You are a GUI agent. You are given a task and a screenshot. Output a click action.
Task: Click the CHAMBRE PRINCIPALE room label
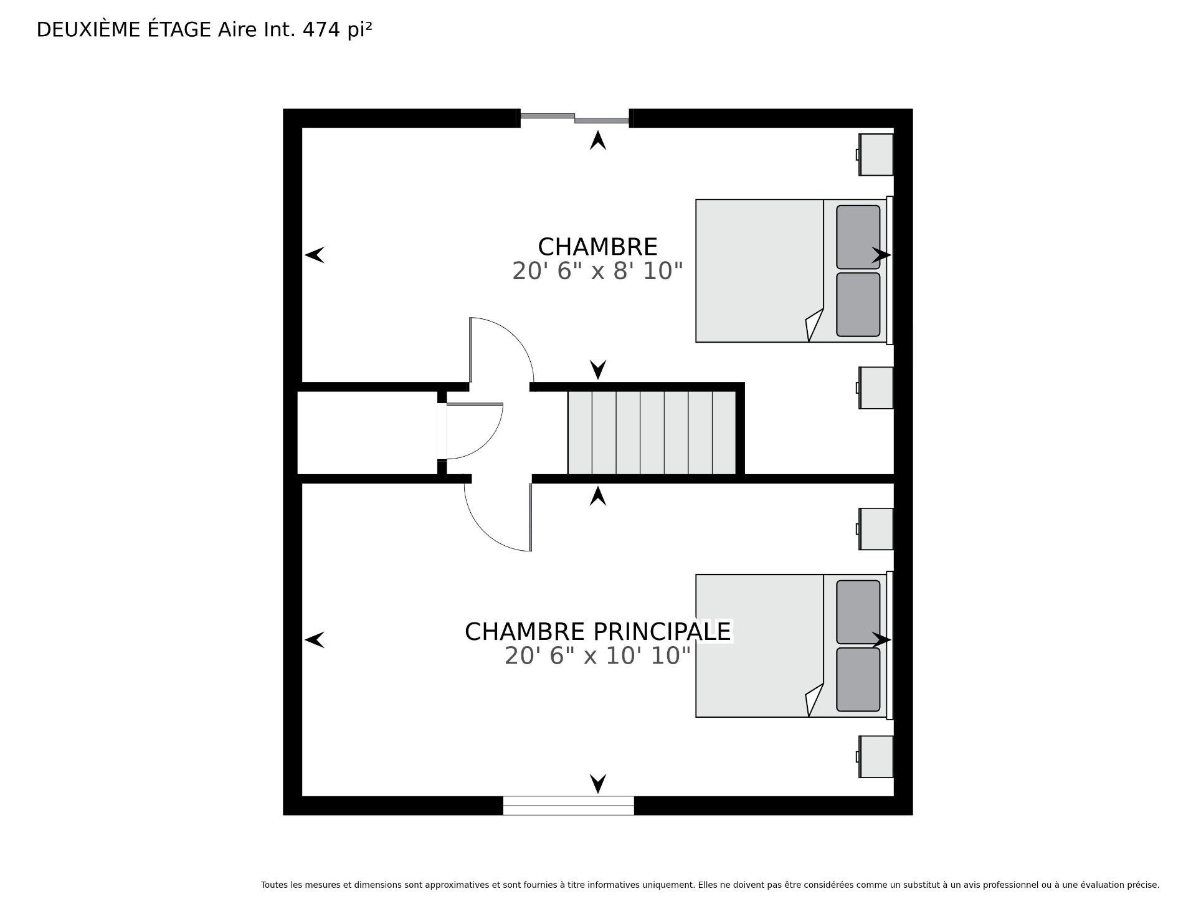coord(597,631)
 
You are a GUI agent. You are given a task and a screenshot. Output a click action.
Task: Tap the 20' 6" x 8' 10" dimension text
coord(597,271)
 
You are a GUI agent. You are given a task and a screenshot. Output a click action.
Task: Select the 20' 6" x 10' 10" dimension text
coord(597,655)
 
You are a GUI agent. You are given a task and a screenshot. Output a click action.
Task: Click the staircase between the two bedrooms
coord(652,432)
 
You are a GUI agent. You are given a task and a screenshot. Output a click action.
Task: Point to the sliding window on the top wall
coord(574,117)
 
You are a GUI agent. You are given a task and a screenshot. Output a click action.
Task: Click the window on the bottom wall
coord(568,805)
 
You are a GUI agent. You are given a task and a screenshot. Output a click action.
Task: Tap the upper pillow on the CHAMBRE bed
coord(858,237)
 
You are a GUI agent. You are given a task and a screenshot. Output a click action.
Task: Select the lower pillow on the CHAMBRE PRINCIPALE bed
coord(858,680)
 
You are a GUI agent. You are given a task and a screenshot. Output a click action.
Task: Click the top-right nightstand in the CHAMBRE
coord(875,155)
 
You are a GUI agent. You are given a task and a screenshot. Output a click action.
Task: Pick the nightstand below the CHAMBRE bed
coord(875,388)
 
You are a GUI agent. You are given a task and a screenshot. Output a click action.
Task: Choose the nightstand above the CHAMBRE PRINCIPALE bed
coord(875,529)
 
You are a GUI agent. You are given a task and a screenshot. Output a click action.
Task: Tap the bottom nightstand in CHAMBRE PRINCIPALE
coord(875,756)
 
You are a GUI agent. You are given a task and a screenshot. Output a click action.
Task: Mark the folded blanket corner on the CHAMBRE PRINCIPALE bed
coord(815,700)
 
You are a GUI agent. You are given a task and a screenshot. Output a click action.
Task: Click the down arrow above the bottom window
coord(598,783)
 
